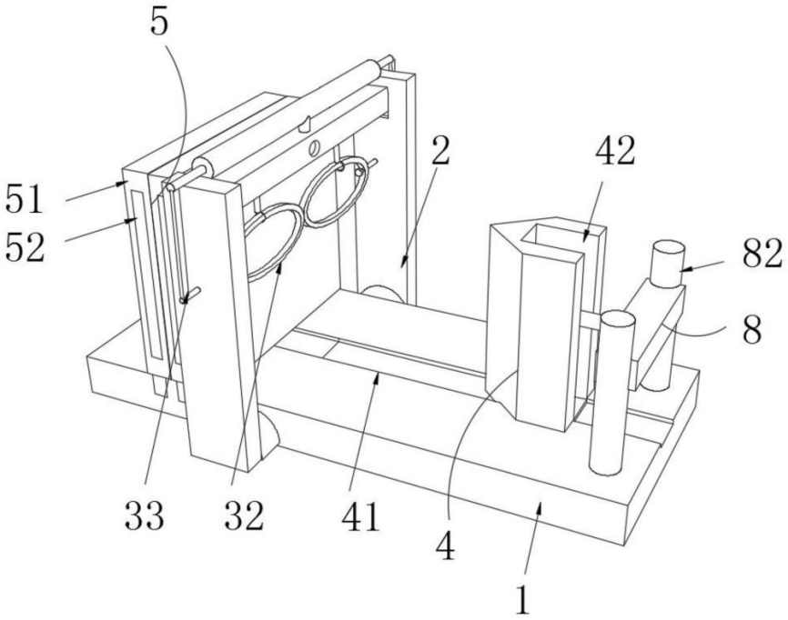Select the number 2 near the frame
[x=441, y=155]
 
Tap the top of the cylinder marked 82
[x=671, y=248]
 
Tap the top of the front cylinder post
[x=616, y=318]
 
